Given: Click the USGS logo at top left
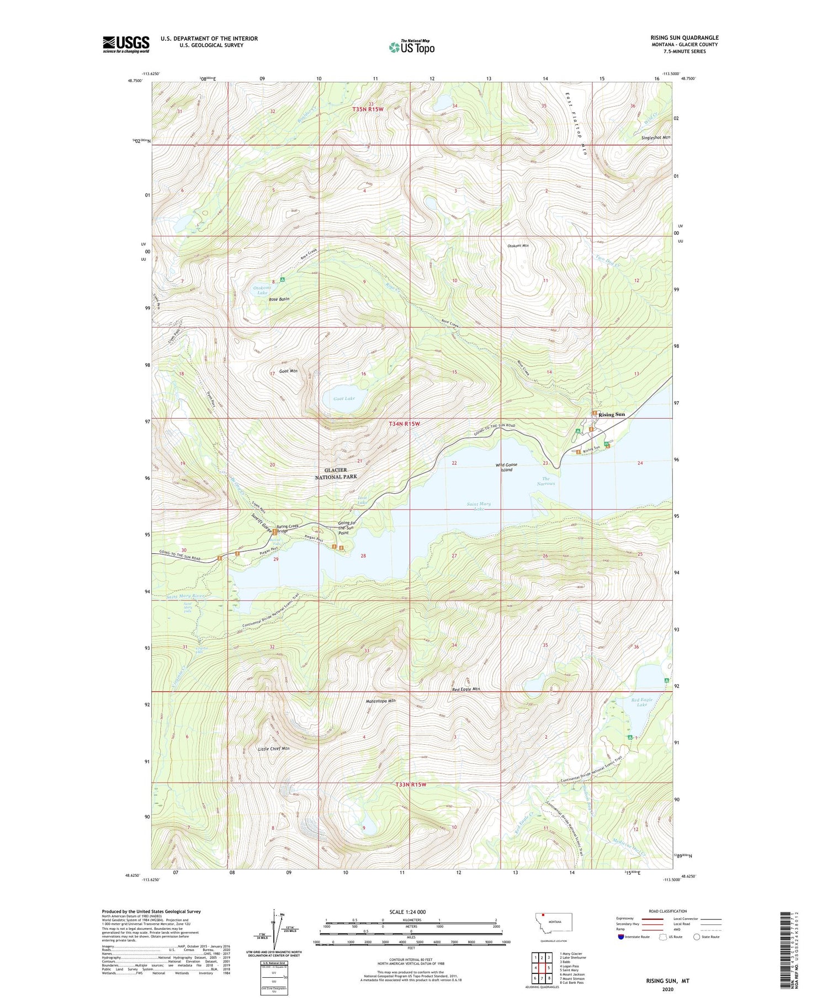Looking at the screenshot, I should pos(126,44).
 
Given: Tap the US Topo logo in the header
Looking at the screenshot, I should pos(411,47).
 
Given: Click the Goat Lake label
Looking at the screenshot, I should pos(344,398).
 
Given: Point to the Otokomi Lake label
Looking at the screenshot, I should pos(262,290).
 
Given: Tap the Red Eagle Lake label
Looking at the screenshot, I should pos(642,702).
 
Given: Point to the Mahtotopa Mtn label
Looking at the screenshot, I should pos(381,701).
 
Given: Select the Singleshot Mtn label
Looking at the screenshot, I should pos(656,137).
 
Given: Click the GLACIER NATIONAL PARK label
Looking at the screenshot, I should pos(336,473).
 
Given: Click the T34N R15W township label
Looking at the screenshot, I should pos(404,424).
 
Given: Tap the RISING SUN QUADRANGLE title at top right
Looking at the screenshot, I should pos(684,38).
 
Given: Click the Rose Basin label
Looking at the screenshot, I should pos(279,299).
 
